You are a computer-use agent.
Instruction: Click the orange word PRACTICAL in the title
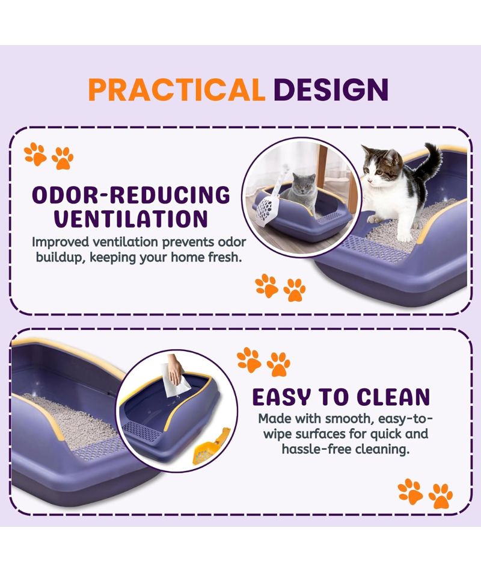(176, 90)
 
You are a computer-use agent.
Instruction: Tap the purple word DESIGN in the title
(331, 90)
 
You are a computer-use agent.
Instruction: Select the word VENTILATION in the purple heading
(131, 219)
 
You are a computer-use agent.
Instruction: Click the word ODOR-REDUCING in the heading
(131, 195)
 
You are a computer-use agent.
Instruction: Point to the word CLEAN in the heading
(393, 397)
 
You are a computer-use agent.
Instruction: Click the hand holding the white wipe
(176, 368)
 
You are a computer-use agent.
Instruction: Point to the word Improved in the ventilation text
(60, 242)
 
